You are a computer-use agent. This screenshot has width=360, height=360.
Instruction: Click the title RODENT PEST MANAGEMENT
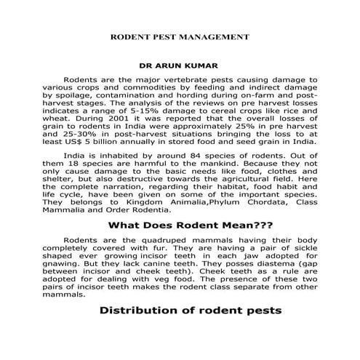(179, 36)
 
